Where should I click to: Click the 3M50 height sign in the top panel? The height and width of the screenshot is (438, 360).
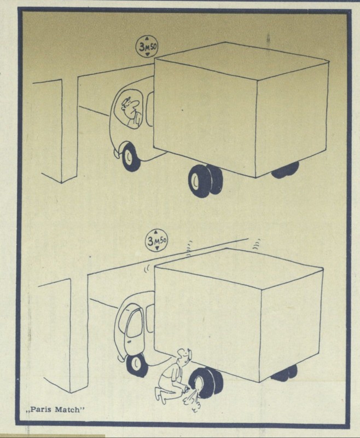[x=147, y=47]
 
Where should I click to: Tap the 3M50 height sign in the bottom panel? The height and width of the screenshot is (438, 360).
[x=156, y=240]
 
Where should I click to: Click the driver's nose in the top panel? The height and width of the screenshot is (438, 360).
[x=135, y=105]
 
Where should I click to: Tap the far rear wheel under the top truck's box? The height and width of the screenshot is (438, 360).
[x=285, y=170]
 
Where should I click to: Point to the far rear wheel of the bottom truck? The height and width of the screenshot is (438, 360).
[x=284, y=373]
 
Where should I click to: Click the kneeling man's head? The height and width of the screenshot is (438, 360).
[x=185, y=356]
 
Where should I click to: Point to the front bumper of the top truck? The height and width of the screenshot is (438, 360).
[x=118, y=153]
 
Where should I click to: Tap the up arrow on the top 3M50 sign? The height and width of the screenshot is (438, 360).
[x=147, y=39]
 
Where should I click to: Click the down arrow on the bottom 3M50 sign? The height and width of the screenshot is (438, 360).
[x=157, y=248]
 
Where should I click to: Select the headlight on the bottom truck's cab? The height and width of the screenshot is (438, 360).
[x=127, y=342]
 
